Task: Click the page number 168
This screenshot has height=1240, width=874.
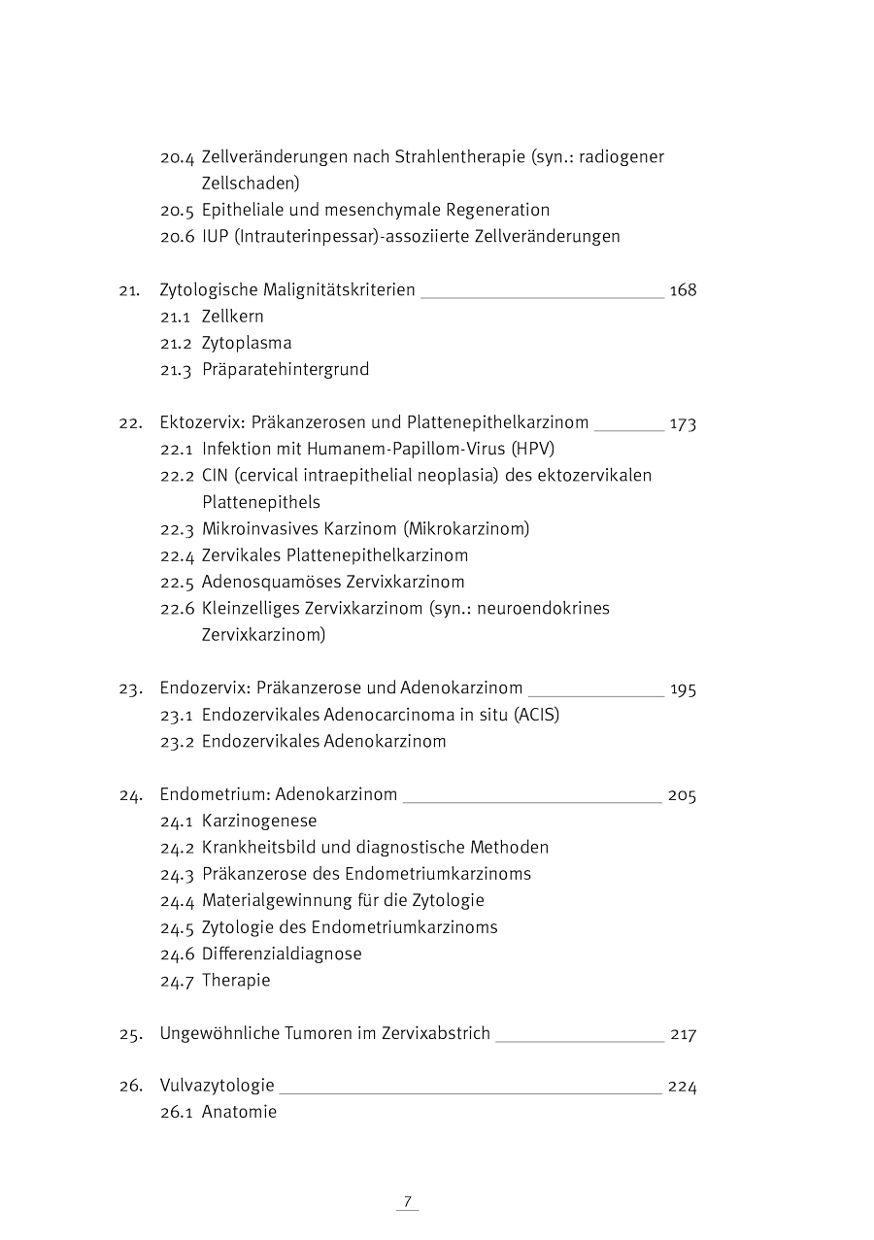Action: (x=683, y=290)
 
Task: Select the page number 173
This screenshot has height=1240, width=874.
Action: (x=683, y=423)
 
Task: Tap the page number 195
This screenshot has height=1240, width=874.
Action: (x=683, y=689)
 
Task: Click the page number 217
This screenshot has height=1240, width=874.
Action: (x=683, y=1034)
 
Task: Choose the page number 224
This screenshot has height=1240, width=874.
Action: (x=682, y=1087)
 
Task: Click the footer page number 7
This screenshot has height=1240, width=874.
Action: (x=408, y=1201)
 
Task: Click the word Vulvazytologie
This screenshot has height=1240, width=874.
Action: (x=217, y=1086)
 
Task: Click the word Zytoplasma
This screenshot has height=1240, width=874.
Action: (x=247, y=343)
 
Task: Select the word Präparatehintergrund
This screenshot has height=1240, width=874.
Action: (x=286, y=369)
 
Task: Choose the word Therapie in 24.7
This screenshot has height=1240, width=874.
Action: (x=236, y=980)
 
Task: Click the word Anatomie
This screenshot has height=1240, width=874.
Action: (x=239, y=1112)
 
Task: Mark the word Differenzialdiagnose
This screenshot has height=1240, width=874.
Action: (x=282, y=954)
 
